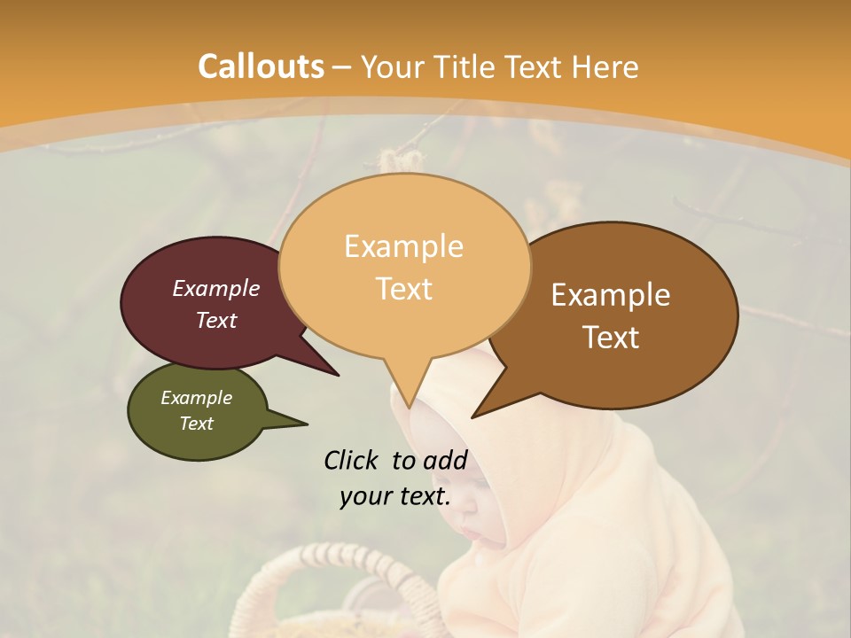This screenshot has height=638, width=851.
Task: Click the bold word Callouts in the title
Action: point(261,66)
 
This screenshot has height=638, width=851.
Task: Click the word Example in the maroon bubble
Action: point(215,288)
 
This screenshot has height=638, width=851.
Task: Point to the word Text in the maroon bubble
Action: point(215,320)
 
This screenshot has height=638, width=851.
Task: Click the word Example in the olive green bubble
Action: point(196,398)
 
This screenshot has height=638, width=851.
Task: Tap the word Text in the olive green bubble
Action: point(196,424)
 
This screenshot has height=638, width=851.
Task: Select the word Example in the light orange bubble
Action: point(403,246)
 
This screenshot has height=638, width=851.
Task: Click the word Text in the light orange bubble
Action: point(403,289)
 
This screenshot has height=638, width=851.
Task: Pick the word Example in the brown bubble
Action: point(611,295)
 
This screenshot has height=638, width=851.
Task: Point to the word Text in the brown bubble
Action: point(611,338)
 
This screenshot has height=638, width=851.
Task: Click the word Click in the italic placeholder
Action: point(352,460)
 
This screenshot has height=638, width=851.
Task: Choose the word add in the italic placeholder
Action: point(444,460)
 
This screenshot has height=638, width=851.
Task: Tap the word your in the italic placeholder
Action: point(365,496)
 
